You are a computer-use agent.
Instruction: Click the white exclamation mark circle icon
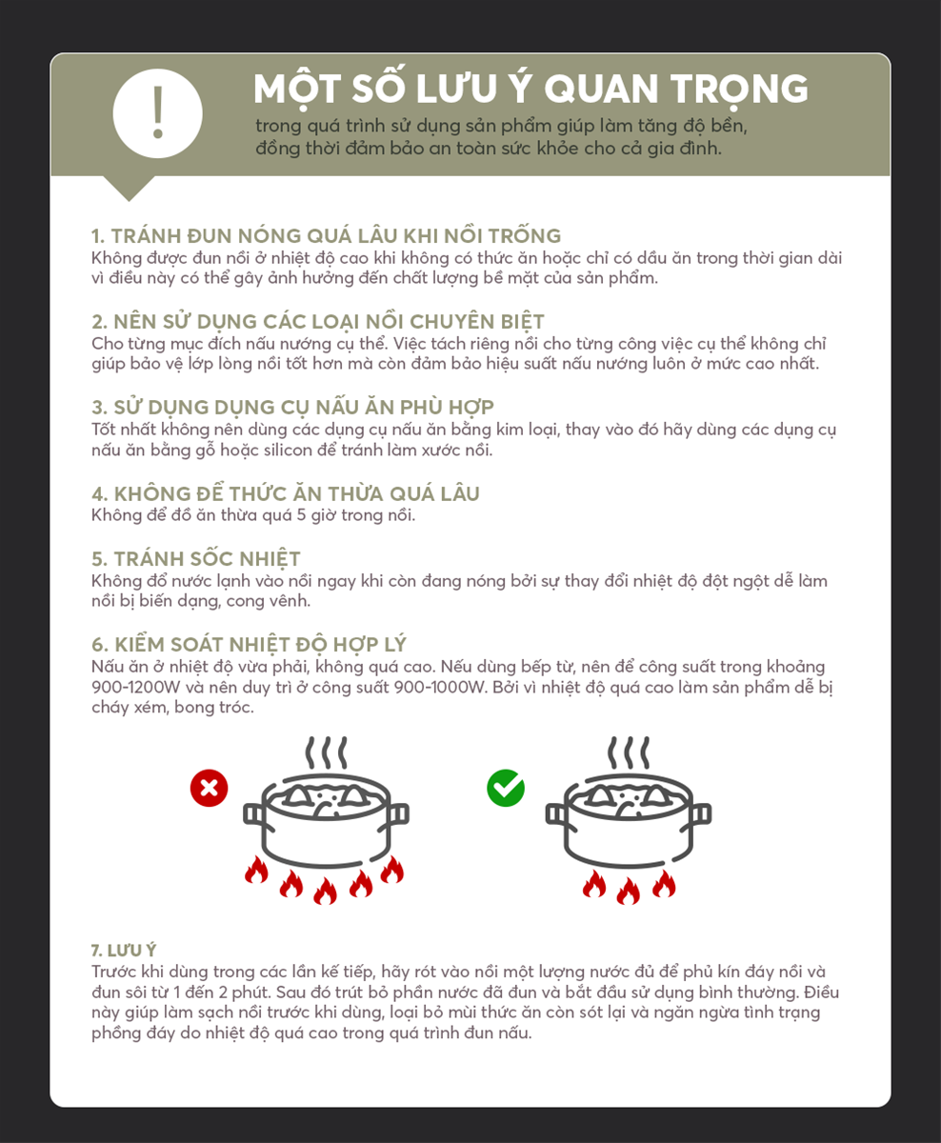coord(158,113)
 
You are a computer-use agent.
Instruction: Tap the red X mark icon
coord(209,788)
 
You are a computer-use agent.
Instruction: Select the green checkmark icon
coord(505,788)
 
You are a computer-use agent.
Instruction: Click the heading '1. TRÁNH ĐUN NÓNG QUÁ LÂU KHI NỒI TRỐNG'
coord(326,236)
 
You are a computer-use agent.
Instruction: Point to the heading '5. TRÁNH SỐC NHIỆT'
coord(195,558)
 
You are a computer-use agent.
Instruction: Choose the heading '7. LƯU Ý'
coord(124,951)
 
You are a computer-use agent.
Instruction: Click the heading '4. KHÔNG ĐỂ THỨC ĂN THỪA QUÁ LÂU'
coord(285,493)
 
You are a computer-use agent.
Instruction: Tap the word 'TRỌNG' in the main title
coord(739,90)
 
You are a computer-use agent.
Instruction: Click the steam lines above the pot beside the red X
coord(326,752)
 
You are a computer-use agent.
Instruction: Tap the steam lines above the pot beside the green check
coord(629,752)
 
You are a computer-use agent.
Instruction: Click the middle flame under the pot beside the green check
coord(629,892)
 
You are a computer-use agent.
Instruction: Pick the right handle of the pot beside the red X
coord(399,814)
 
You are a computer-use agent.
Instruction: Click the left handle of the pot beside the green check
coord(555,814)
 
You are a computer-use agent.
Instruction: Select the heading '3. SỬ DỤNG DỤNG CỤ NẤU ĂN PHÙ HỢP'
coord(292,407)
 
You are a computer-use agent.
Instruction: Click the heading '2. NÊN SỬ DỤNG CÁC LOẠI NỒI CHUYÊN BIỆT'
coord(318,321)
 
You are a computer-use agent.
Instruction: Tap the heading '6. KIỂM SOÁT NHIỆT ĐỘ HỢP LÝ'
coord(249,645)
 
